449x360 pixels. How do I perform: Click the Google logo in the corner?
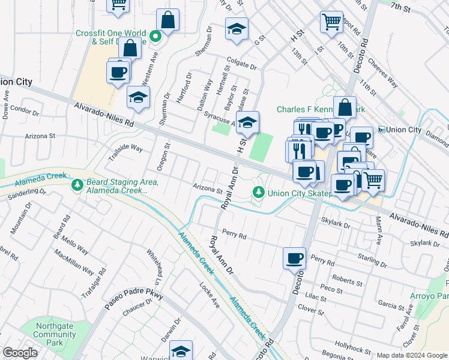click(20, 353)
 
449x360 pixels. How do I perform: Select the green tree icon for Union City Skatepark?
click(258, 192)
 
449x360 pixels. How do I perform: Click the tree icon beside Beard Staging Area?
click(77, 185)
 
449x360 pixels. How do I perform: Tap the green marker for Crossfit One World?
click(155, 37)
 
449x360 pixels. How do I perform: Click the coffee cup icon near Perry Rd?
click(294, 259)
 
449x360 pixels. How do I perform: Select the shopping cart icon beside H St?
click(331, 22)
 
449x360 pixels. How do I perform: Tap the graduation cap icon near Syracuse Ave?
click(247, 123)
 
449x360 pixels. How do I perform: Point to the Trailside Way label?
click(125, 151)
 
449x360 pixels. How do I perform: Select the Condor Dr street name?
click(24, 112)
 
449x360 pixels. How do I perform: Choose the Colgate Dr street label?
click(241, 63)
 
